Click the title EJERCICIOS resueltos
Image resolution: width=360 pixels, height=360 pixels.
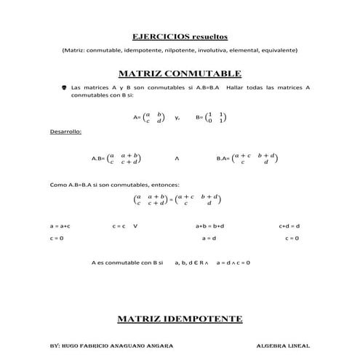(180, 36)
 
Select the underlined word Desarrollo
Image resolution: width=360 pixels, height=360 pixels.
(65, 132)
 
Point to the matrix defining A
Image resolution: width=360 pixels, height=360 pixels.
(153, 116)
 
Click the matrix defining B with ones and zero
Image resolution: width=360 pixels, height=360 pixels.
(216, 116)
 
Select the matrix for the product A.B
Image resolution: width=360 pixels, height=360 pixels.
(125, 158)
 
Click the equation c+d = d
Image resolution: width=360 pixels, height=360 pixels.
(289, 226)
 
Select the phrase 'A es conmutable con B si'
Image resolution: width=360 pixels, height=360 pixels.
(127, 262)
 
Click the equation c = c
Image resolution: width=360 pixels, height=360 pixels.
(119, 226)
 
